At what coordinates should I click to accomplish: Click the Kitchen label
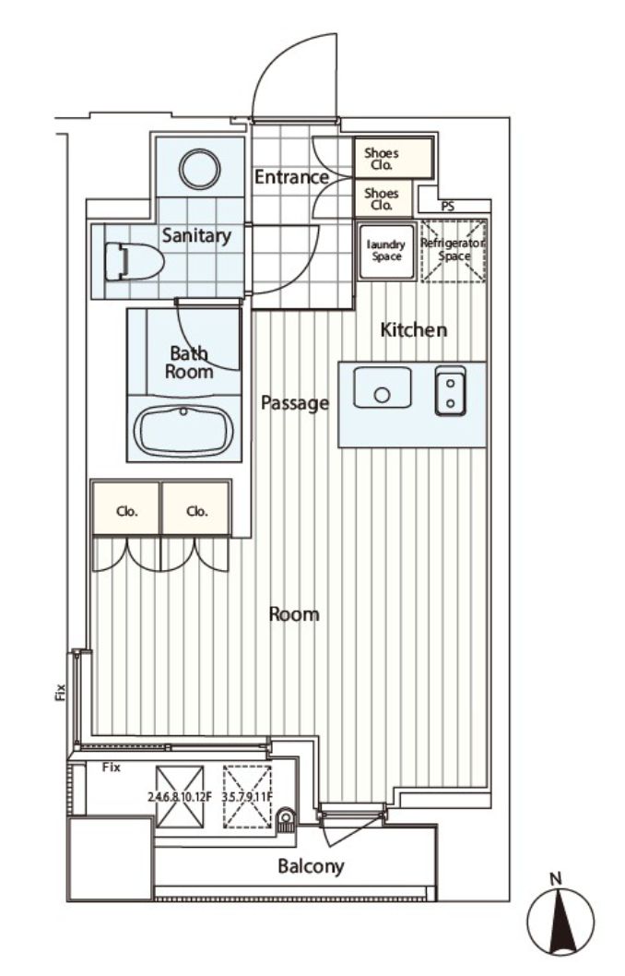(x=414, y=329)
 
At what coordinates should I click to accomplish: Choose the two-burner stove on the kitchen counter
(x=450, y=390)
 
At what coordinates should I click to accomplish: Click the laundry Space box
(x=385, y=251)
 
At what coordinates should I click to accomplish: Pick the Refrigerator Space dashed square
(x=452, y=250)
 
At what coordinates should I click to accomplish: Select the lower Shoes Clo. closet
(x=383, y=198)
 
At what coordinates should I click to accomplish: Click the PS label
(x=448, y=207)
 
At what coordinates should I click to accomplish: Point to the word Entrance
(x=291, y=177)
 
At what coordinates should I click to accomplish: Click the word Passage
(x=294, y=402)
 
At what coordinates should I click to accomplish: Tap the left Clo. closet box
(x=126, y=510)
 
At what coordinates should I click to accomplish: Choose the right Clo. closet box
(x=196, y=510)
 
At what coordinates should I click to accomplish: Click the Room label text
(x=294, y=613)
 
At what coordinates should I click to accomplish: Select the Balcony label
(x=311, y=866)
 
